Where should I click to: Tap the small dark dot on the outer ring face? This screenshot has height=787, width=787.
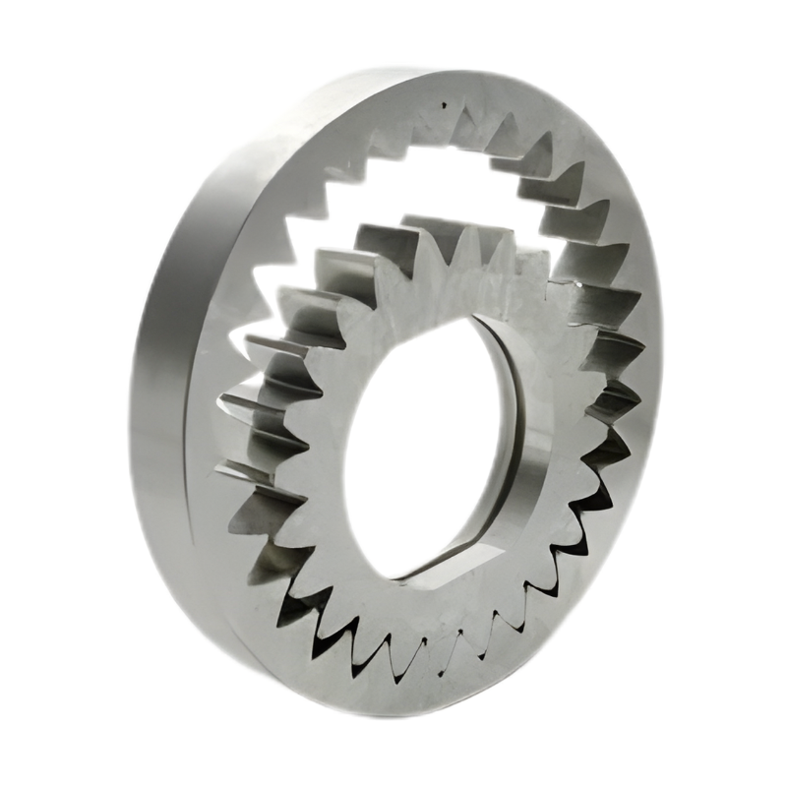point(445,101)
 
